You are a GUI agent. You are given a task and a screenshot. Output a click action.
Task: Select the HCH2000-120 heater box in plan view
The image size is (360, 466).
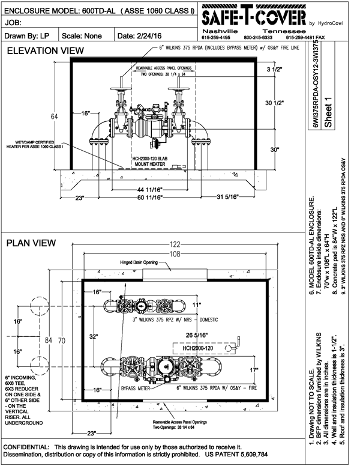coord(195,348)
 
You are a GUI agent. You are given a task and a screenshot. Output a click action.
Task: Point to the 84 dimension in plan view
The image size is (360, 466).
coord(50,340)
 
